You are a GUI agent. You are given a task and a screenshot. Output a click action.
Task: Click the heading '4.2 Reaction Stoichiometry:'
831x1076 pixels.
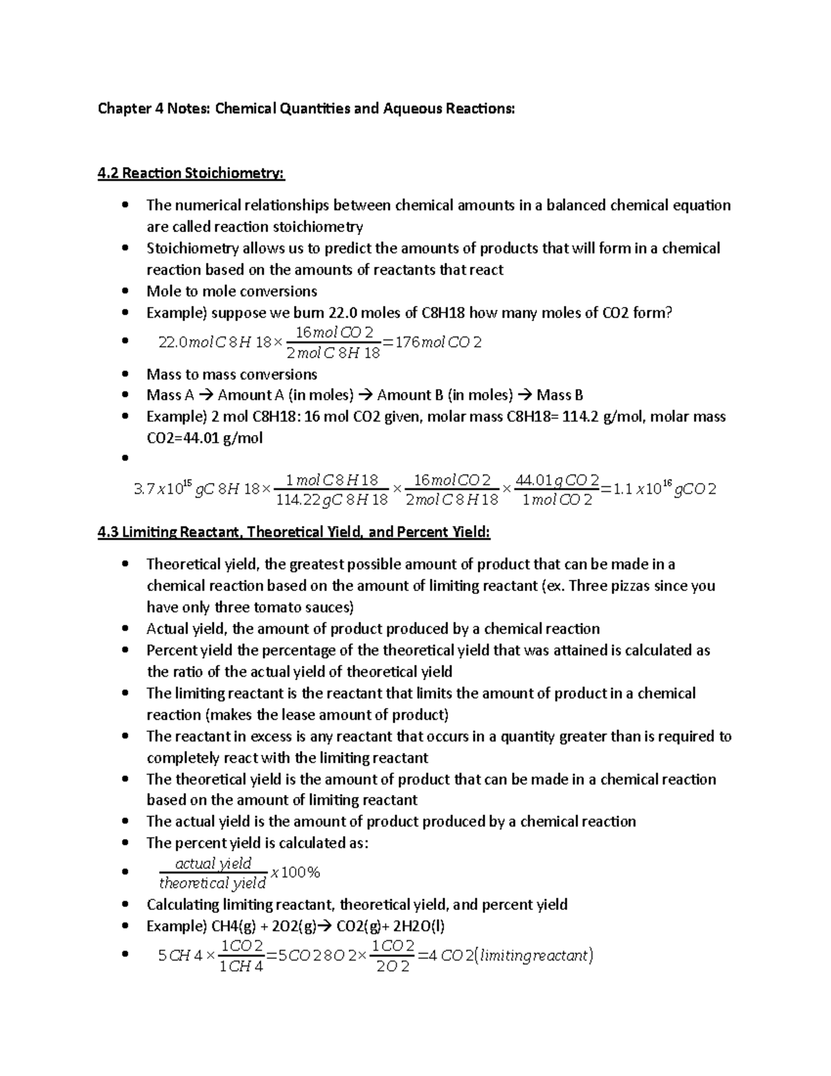[191, 173]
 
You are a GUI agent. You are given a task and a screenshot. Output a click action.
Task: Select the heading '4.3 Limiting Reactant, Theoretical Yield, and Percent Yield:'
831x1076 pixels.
[294, 532]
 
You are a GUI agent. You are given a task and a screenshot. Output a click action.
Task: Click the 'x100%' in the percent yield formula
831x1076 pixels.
[296, 872]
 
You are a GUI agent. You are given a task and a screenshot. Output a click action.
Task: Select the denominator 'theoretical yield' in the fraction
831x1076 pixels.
[213, 883]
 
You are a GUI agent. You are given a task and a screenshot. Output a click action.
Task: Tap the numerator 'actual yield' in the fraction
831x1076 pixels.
[213, 863]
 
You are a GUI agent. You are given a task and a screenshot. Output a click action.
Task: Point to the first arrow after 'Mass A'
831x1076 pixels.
[207, 396]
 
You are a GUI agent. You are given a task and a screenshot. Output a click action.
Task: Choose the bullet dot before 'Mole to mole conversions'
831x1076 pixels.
[125, 292]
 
